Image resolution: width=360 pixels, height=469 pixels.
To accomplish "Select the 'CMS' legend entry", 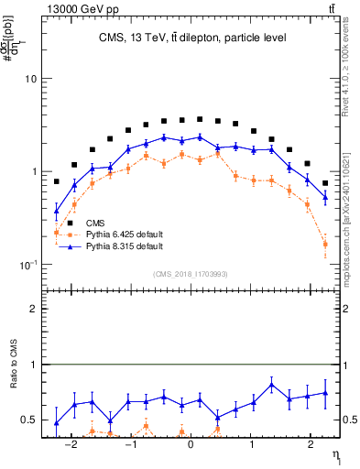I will click(x=96, y=222).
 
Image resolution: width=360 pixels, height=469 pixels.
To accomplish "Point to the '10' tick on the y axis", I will click(x=30, y=79).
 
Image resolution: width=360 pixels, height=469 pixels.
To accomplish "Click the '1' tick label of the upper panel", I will click(x=33, y=172).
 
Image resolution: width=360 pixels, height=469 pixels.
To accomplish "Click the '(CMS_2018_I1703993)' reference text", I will click(x=191, y=273).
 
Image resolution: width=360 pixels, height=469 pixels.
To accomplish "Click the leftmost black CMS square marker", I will click(x=57, y=181).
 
